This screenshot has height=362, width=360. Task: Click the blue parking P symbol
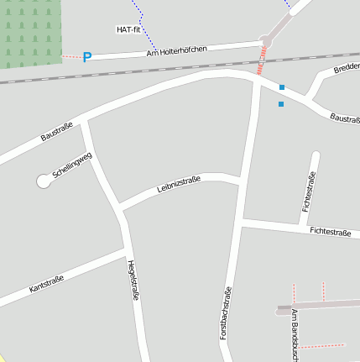coord(86,57)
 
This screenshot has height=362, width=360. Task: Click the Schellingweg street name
coord(71,164)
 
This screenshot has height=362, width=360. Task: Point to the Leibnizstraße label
coord(179,184)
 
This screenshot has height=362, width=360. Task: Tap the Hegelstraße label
coord(132,281)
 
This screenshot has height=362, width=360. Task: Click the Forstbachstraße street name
coord(225,312)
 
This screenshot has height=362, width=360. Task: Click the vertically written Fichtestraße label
coord(308,191)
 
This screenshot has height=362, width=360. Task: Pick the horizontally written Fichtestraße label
coord(330,231)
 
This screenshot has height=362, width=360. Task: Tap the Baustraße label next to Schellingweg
coord(57,131)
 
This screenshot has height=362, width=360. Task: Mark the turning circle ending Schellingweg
coord(44,181)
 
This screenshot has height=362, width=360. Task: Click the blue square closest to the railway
coord(282,87)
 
